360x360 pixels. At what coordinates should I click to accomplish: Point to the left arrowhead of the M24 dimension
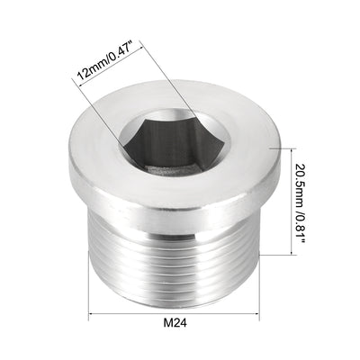click(93, 316)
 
